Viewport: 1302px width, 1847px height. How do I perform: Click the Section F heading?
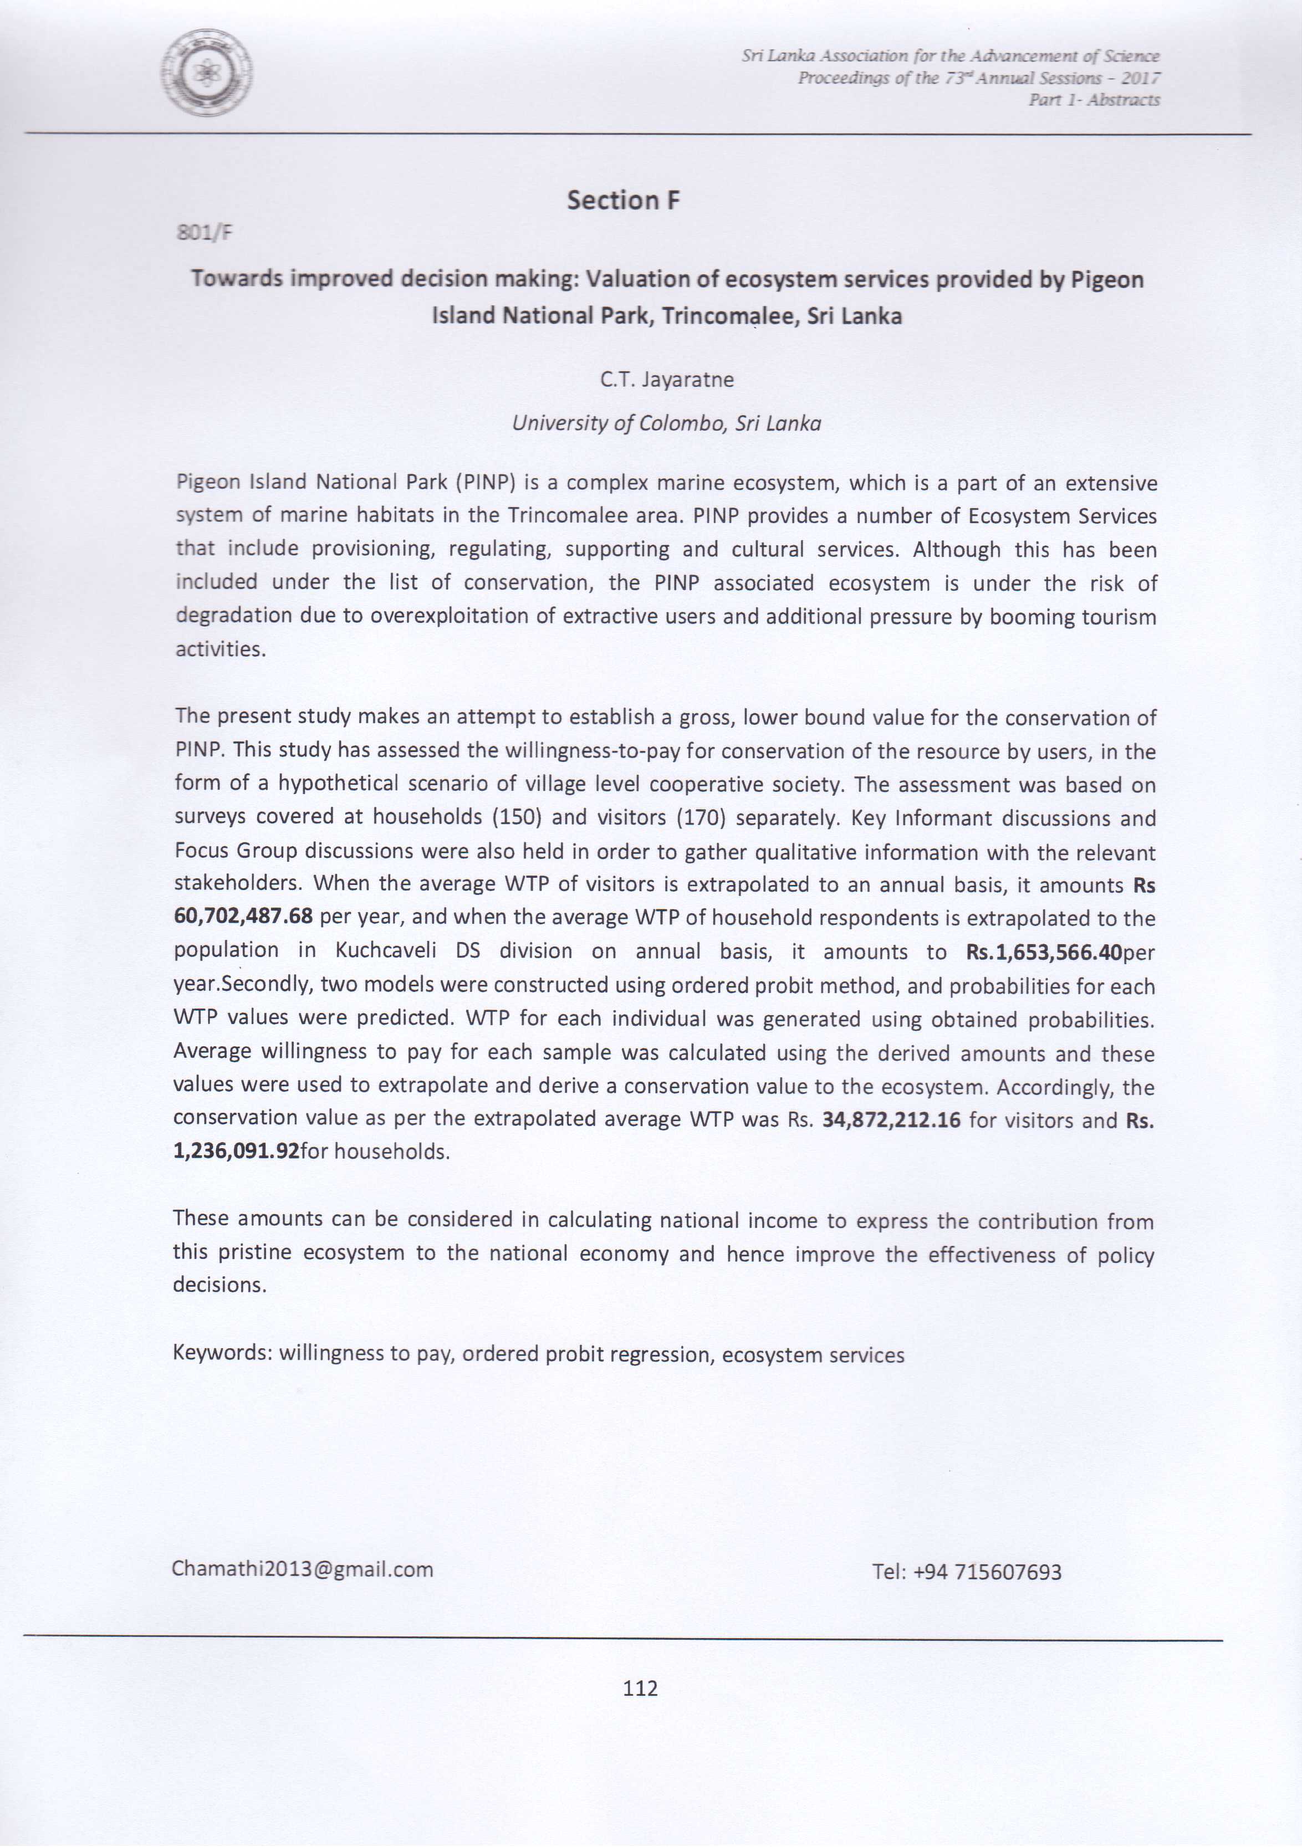coord(623,200)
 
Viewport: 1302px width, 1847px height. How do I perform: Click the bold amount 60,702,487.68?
coord(243,917)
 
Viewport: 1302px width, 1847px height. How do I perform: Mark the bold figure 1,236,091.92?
coord(236,1152)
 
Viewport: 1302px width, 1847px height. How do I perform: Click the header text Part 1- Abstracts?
coord(1094,100)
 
